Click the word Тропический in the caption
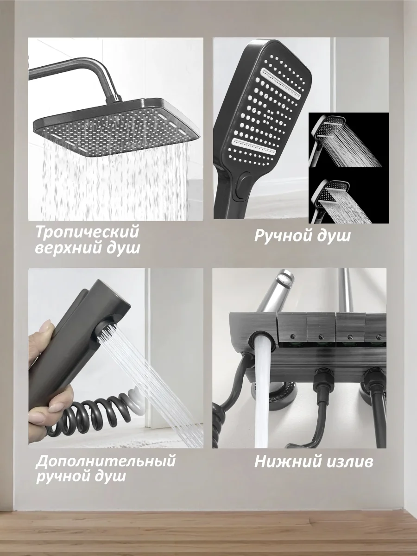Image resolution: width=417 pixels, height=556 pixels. click(x=87, y=232)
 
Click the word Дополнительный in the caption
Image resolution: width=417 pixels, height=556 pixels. click(x=106, y=461)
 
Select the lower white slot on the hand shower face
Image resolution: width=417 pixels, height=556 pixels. click(x=254, y=146)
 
